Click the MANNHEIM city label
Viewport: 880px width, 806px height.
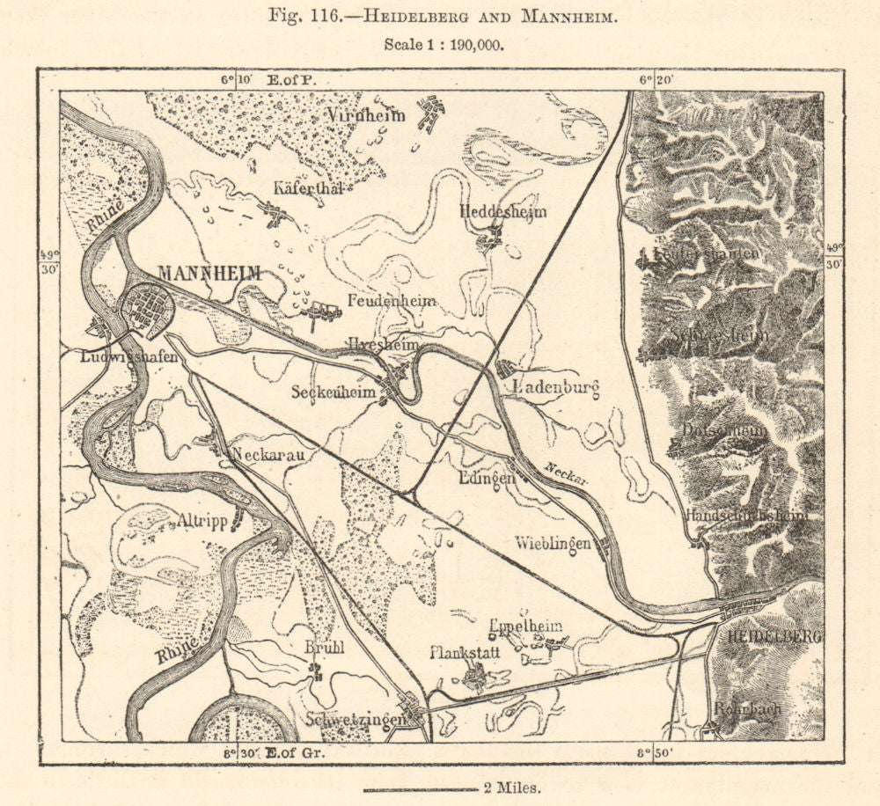[209, 274]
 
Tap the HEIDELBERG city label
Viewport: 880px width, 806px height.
[771, 635]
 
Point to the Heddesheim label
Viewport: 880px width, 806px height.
[502, 212]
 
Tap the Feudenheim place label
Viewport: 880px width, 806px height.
[392, 301]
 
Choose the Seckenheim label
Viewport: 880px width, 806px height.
[335, 392]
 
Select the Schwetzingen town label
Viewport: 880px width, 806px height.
[356, 719]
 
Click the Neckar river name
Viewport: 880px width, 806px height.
[565, 473]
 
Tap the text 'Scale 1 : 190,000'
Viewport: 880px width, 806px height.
[444, 46]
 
